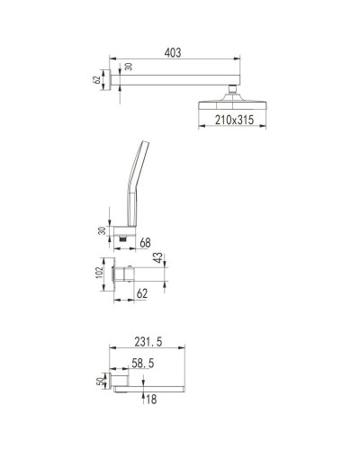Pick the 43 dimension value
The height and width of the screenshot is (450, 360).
tap(158, 260)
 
